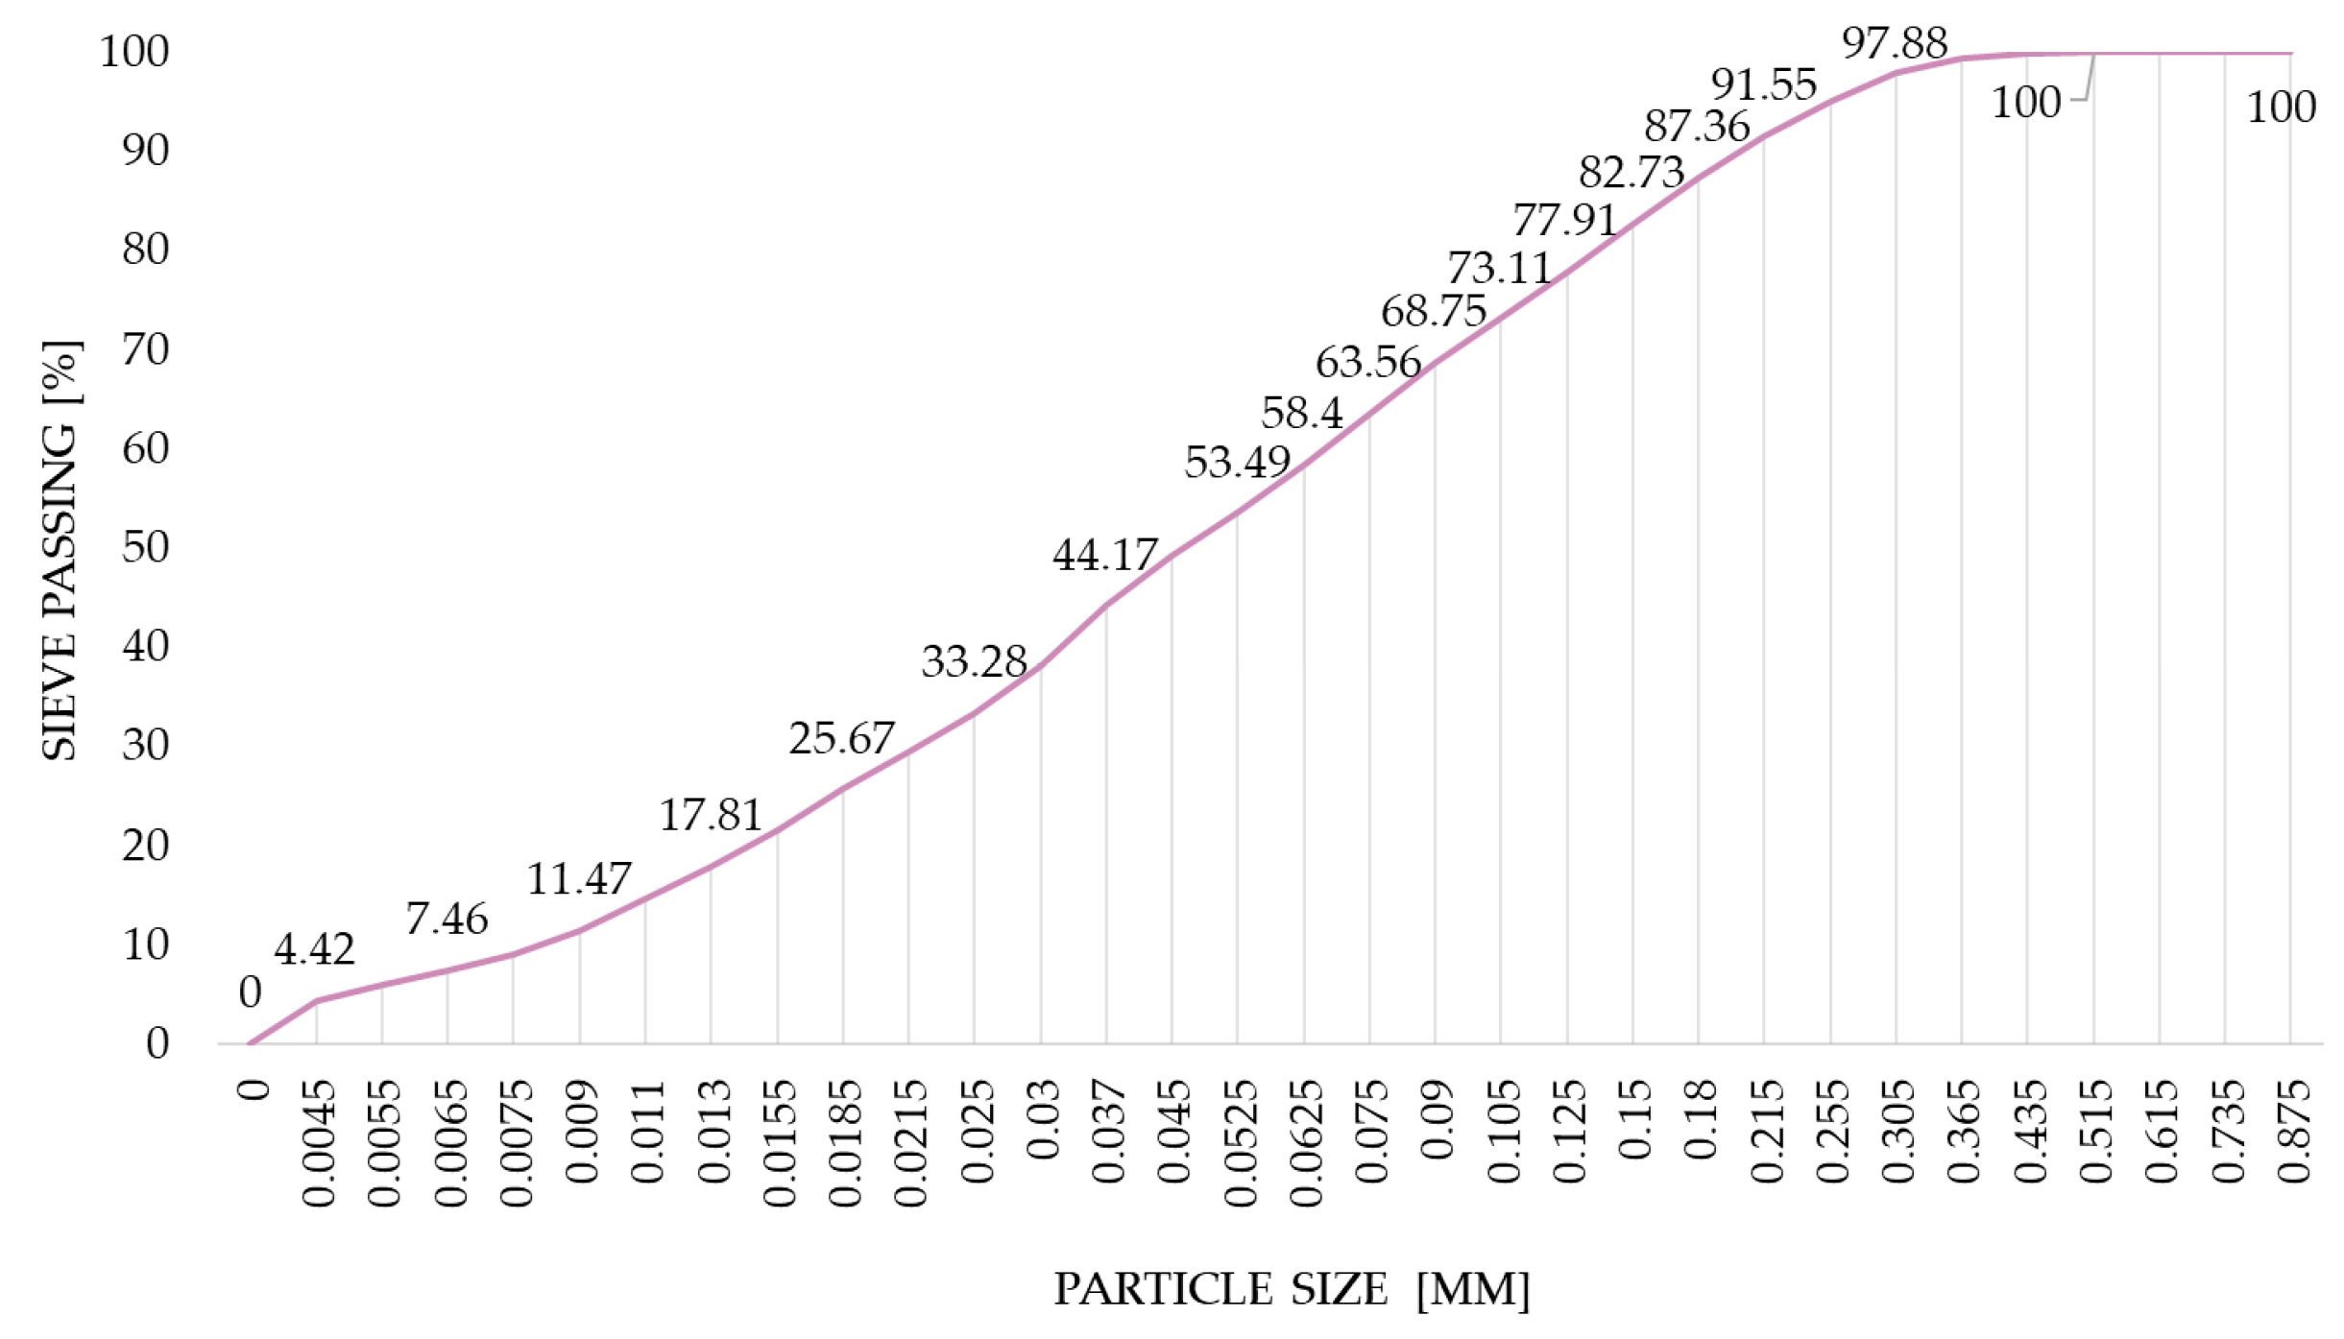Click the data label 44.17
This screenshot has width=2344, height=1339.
pyautogui.click(x=1105, y=555)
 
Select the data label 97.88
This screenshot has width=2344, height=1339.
pyautogui.click(x=1895, y=43)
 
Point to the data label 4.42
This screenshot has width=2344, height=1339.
pyautogui.click(x=314, y=949)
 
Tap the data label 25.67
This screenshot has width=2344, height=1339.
pyautogui.click(x=841, y=738)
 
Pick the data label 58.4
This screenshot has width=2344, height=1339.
pyautogui.click(x=1301, y=413)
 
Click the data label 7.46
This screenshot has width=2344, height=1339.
pyautogui.click(x=447, y=919)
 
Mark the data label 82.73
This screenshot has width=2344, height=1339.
pyautogui.click(x=1631, y=173)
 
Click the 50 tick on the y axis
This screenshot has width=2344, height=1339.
pyautogui.click(x=145, y=547)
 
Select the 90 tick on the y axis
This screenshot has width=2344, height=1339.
pyautogui.click(x=145, y=151)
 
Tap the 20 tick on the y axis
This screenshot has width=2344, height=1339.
pyautogui.click(x=145, y=846)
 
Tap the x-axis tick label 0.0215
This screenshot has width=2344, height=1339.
pyautogui.click(x=910, y=1143)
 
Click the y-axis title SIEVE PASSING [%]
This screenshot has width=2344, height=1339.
pyautogui.click(x=60, y=549)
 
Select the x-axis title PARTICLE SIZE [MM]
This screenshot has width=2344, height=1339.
pyautogui.click(x=1292, y=1289)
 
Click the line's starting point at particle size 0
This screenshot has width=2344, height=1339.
pyautogui.click(x=251, y=1043)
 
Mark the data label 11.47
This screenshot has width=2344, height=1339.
pyautogui.click(x=578, y=878)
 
